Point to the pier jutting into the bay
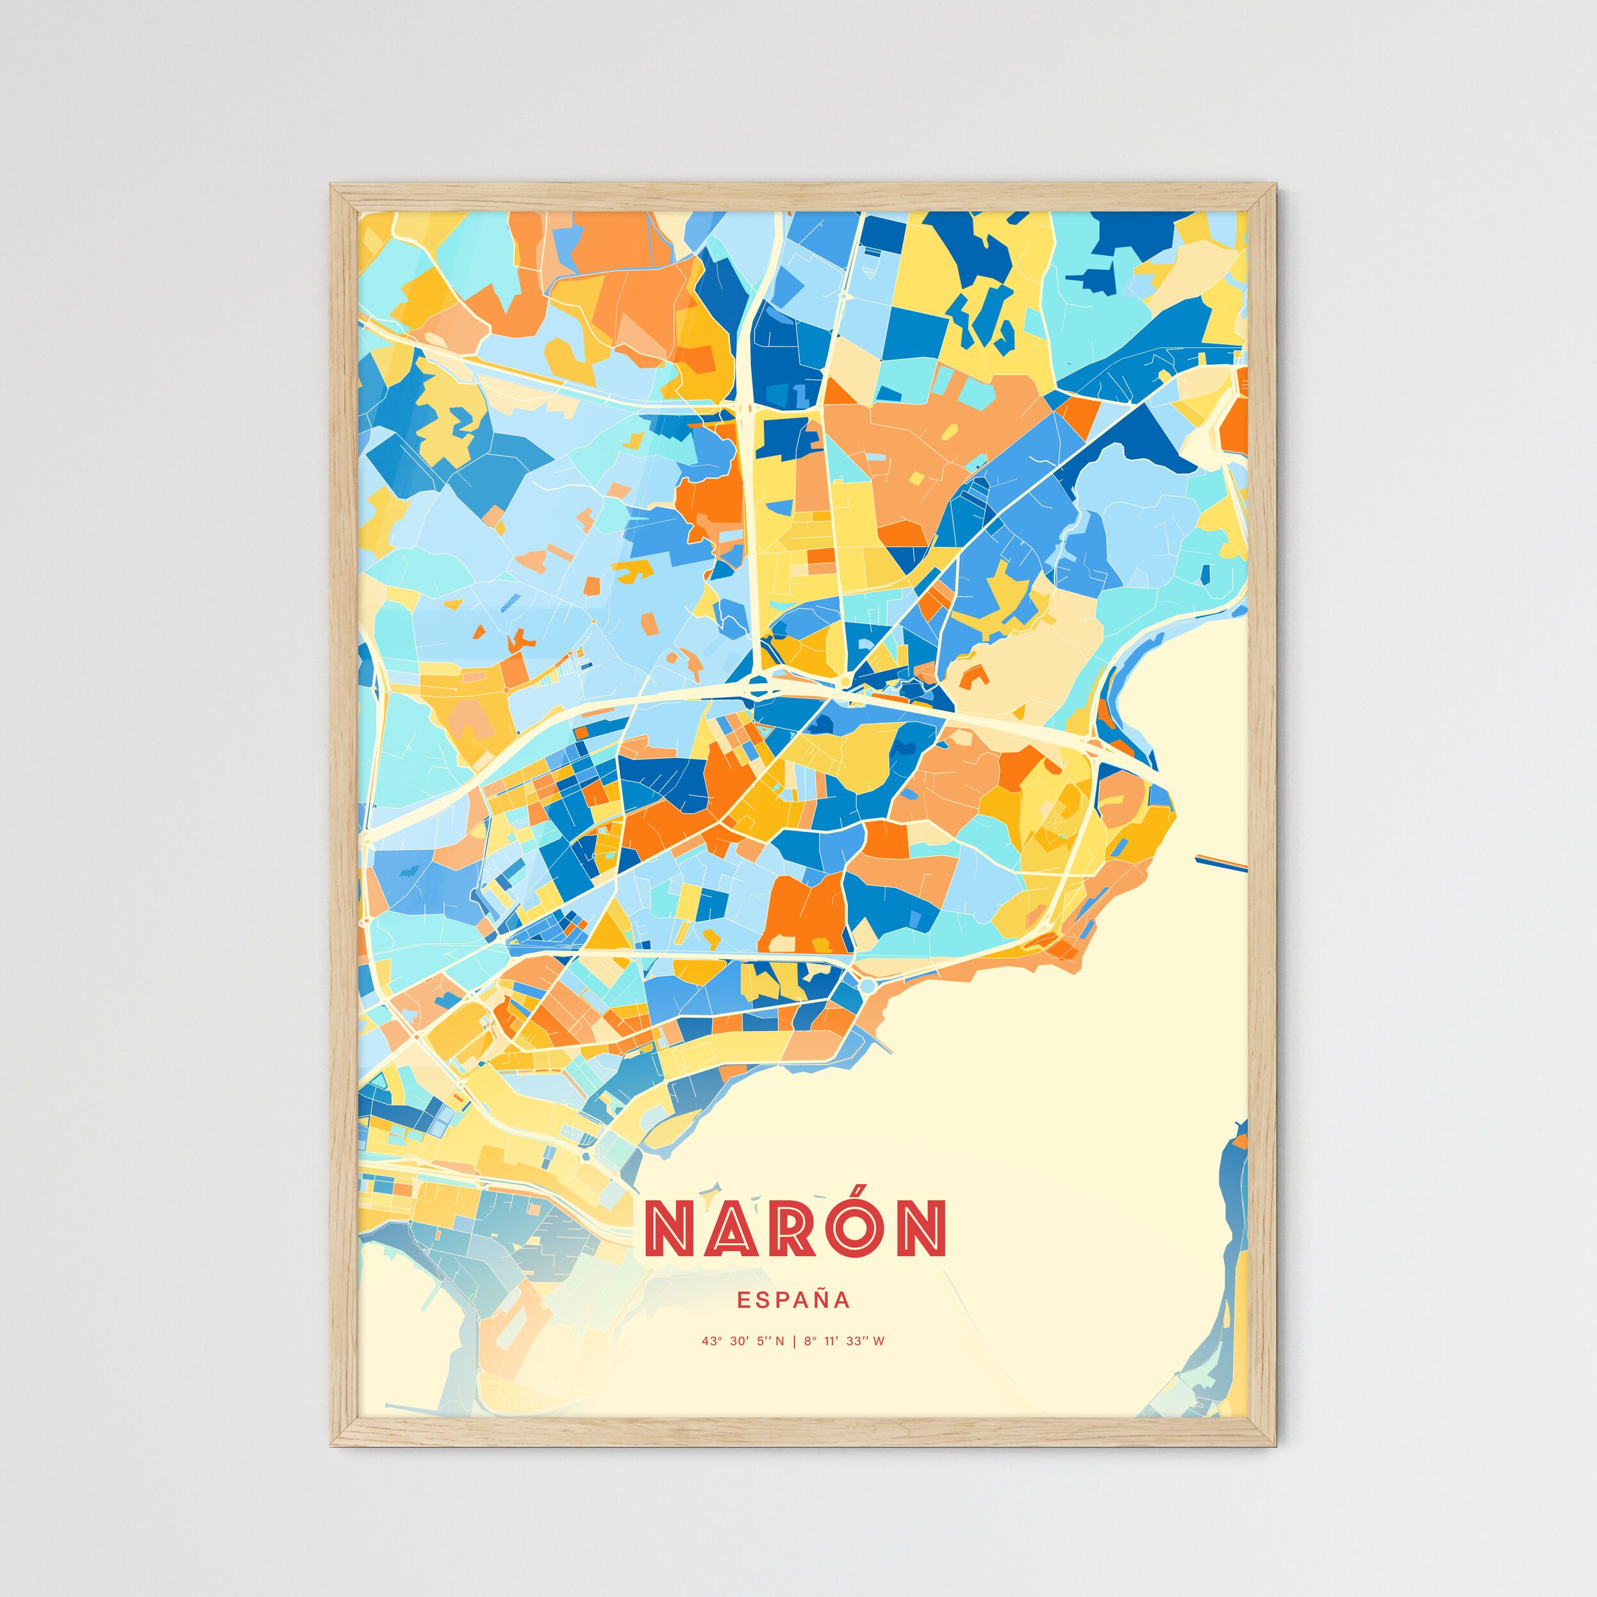coord(1220,862)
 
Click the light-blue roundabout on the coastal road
coord(867,986)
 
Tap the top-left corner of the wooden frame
coord(333,186)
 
